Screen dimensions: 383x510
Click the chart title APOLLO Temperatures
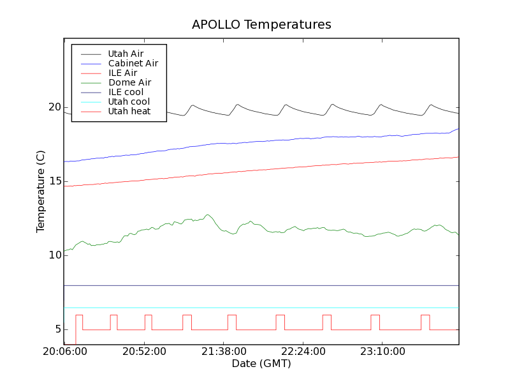coord(261,25)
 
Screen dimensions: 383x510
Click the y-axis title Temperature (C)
coord(41,191)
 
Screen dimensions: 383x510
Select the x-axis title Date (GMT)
coord(261,364)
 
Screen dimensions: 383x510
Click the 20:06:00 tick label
coord(64,352)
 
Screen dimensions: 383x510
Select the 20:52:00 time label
coord(144,352)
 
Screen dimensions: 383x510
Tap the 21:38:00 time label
coord(224,352)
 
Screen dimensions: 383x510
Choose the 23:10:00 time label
coord(381,352)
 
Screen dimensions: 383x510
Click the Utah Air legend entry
coord(126,54)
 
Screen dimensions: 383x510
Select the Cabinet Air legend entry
coord(133,64)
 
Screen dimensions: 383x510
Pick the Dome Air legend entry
coord(129,82)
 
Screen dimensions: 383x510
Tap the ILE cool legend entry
coord(126,92)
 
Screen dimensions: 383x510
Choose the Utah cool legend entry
coord(129,101)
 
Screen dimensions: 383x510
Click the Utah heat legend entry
coord(129,111)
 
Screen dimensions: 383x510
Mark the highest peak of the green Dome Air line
coord(207,215)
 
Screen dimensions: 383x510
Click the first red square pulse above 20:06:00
coord(79,315)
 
